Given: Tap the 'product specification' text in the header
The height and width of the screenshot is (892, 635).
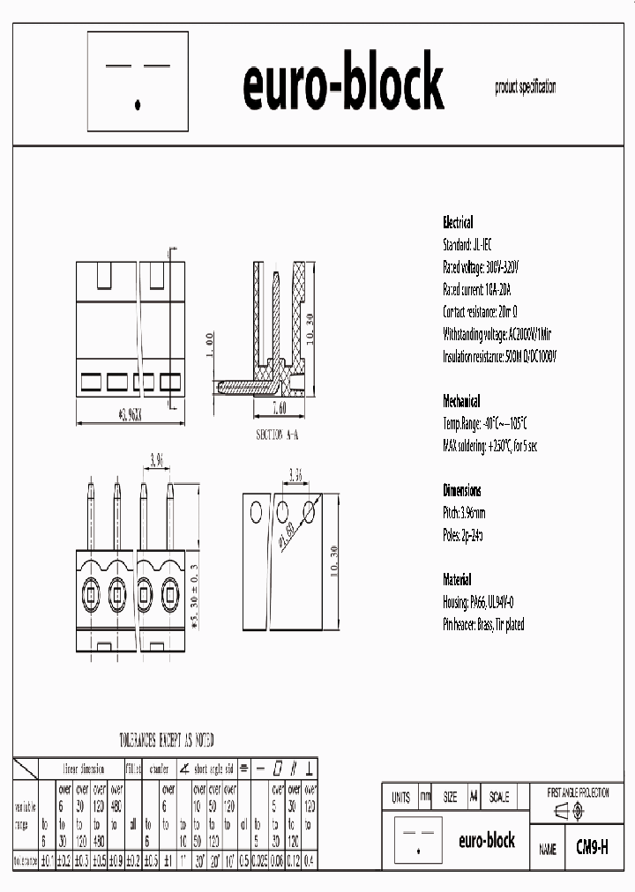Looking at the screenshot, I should [526, 87].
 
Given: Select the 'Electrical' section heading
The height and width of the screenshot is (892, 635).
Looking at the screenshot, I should [457, 223].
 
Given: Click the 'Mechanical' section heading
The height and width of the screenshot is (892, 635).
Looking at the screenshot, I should [461, 400].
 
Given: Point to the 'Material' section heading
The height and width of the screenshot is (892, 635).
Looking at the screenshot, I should [457, 580].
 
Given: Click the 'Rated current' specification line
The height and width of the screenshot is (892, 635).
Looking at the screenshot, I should [477, 289].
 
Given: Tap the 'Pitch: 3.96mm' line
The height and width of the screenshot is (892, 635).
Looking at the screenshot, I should [464, 513].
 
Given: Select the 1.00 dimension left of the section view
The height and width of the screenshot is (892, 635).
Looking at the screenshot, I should [209, 346].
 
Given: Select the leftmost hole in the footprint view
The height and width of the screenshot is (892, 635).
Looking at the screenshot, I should [256, 511].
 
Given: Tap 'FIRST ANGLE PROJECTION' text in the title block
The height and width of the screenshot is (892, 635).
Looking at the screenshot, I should [578, 793].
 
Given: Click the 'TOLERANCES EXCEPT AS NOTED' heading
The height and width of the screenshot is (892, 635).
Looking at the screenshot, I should [166, 740].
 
